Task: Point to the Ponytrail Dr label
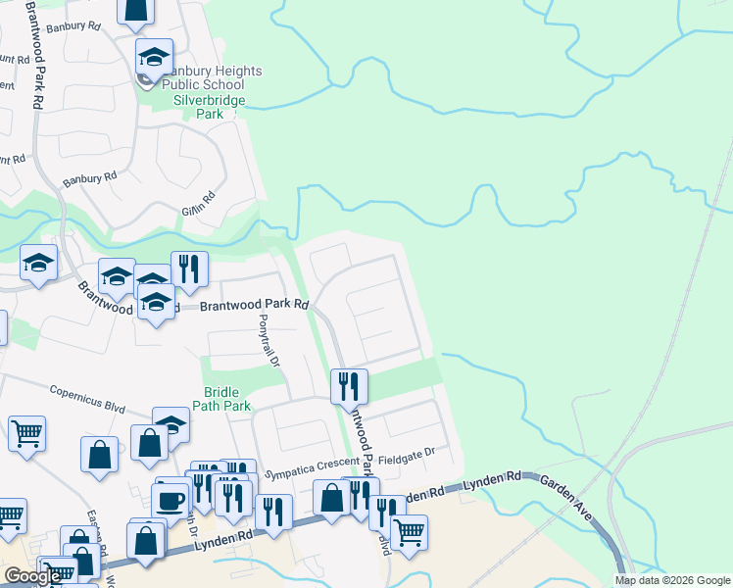[269, 342]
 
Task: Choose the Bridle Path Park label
[227, 398]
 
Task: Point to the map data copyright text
[673, 580]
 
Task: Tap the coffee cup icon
[171, 500]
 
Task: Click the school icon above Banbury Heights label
[154, 57]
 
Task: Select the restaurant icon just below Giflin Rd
[189, 269]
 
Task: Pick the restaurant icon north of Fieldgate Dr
[348, 385]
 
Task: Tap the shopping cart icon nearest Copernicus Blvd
[26, 432]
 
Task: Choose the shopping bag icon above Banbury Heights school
[135, 10]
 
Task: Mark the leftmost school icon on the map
[38, 263]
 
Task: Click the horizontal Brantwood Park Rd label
[255, 306]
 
